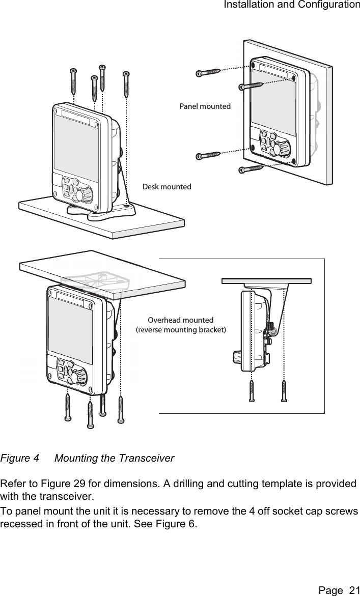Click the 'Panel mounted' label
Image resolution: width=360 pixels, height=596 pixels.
[205, 106]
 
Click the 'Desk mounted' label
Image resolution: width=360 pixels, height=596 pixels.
[167, 187]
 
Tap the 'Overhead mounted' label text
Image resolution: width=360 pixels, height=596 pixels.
[180, 320]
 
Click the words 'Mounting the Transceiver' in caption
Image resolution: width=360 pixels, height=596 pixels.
[114, 459]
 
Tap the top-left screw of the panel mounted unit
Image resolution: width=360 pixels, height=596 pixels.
[208, 73]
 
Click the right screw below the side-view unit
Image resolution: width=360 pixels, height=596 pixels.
[284, 391]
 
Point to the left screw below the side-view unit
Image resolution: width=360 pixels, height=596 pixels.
[251, 391]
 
